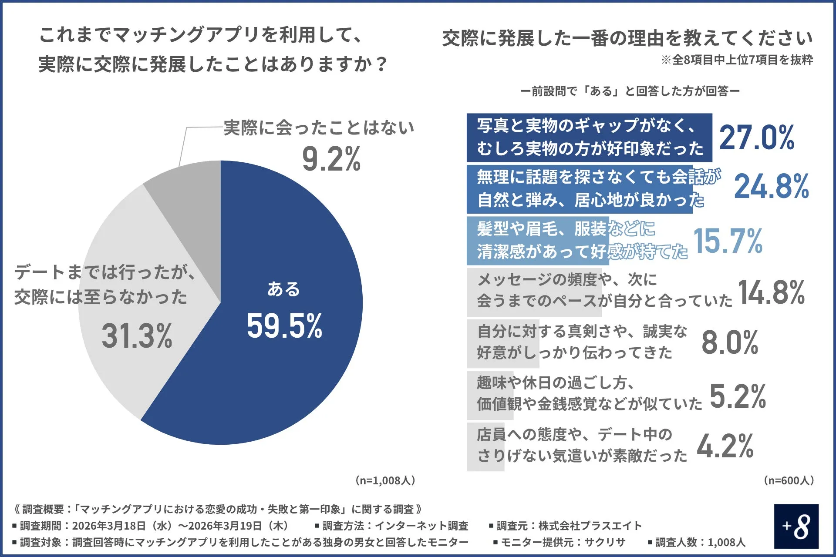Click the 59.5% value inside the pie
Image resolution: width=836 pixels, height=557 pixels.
tap(284, 326)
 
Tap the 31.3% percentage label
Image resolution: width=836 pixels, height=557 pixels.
tap(137, 336)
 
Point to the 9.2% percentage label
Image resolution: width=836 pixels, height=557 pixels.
tap(331, 159)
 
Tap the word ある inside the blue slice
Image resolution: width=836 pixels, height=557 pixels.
tap(283, 289)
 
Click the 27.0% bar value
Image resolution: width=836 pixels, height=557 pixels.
tap(757, 138)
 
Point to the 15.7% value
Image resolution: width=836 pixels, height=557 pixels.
tap(728, 241)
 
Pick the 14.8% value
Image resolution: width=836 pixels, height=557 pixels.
tap(771, 292)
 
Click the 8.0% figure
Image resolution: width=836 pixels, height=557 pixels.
tap(730, 342)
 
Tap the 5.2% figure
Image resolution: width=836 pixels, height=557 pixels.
tap(738, 396)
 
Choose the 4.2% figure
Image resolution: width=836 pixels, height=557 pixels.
tap(725, 446)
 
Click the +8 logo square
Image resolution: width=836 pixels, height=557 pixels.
tap(796, 526)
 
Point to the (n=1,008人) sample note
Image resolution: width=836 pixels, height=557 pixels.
tap(385, 480)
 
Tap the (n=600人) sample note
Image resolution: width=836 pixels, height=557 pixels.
tap(789, 480)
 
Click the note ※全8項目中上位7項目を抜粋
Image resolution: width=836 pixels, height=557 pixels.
tap(737, 60)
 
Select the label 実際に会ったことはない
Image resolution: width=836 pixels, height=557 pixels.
tap(319, 128)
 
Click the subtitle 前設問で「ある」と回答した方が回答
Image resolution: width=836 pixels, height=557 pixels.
tap(630, 91)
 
